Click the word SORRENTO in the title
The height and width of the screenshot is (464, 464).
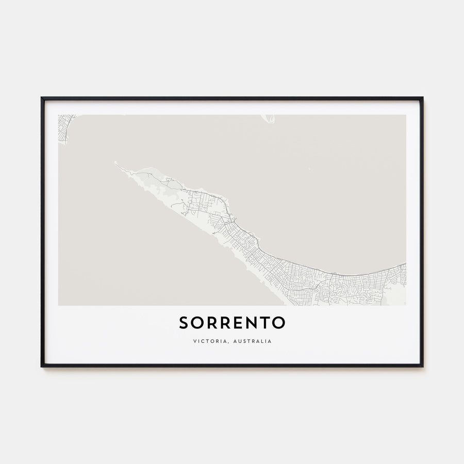coord(232,323)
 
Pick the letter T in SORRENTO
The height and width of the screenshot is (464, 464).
coord(264,323)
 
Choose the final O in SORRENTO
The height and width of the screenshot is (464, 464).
coord(278,323)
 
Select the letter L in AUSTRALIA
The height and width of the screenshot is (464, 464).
coord(261,341)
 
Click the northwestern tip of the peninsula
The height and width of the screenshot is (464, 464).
coord(115,163)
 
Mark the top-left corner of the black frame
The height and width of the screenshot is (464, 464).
coord(42,98)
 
